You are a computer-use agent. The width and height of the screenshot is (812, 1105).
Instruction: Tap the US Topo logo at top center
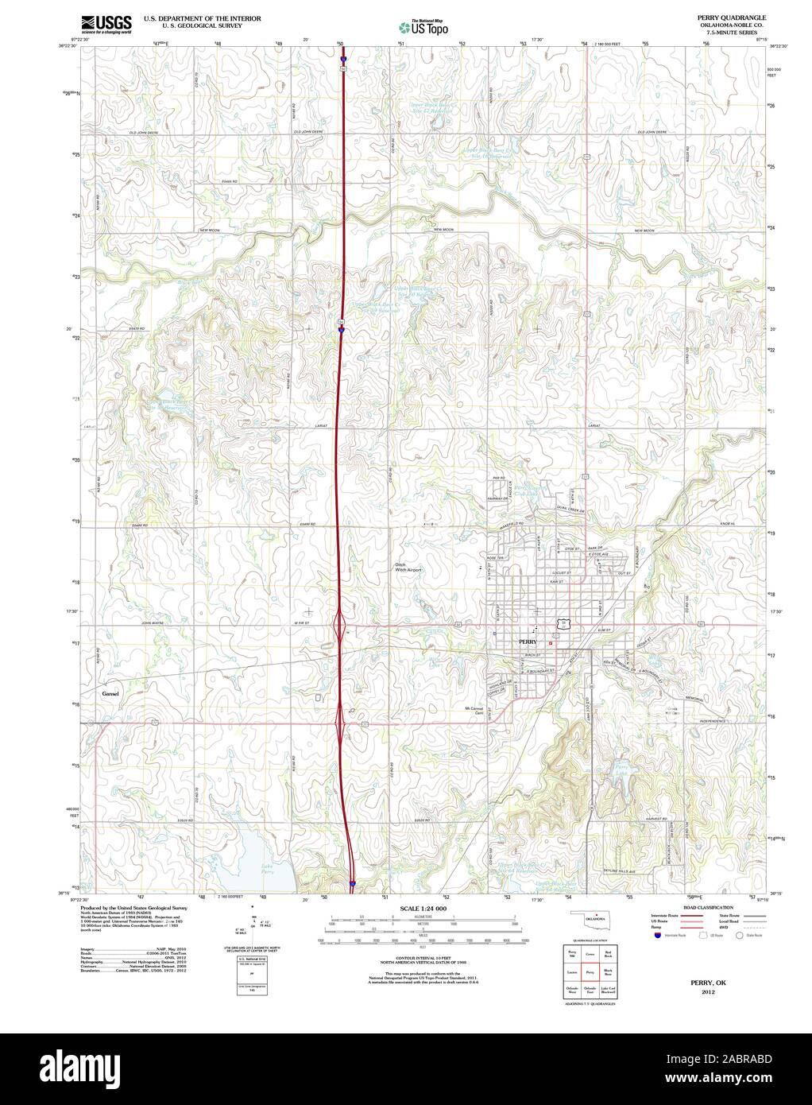(423, 27)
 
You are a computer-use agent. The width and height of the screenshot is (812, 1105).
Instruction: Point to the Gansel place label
(110, 694)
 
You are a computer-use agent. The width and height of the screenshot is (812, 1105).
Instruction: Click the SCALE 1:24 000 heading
(423, 908)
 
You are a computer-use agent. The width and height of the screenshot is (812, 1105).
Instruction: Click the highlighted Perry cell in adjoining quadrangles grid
(590, 972)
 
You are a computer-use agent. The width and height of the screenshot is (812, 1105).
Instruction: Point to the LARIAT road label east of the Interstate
(594, 427)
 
